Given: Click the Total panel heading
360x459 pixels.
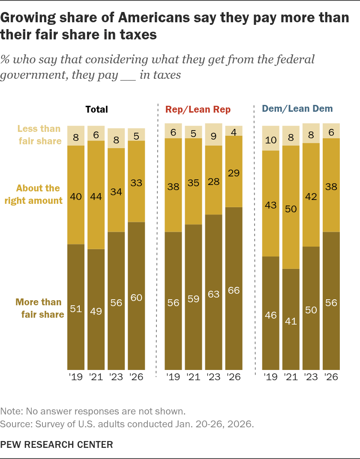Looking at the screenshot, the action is click(97, 110).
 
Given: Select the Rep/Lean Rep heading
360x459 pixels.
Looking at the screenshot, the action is click(198, 110).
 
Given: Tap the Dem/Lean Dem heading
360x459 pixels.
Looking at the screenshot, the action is click(297, 109).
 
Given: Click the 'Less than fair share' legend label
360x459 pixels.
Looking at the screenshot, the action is click(39, 134).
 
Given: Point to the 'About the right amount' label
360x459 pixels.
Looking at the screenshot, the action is click(34, 194).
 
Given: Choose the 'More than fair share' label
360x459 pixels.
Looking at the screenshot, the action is click(40, 308).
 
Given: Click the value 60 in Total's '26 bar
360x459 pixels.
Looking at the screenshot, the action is click(137, 298).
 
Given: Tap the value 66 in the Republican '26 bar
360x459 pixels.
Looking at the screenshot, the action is click(234, 290).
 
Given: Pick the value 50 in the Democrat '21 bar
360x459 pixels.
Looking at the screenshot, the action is click(291, 209).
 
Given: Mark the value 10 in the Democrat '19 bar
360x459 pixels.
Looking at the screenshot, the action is click(271, 140).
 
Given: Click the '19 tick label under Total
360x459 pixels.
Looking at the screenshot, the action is click(76, 376).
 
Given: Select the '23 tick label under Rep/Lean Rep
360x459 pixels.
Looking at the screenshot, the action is click(213, 376).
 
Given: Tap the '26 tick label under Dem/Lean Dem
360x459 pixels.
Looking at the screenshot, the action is click(331, 376).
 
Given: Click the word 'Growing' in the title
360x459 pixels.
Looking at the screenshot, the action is click(28, 18).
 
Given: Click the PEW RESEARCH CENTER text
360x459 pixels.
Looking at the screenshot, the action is click(57, 444).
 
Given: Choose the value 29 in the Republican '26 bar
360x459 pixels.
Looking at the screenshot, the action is click(234, 173).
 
